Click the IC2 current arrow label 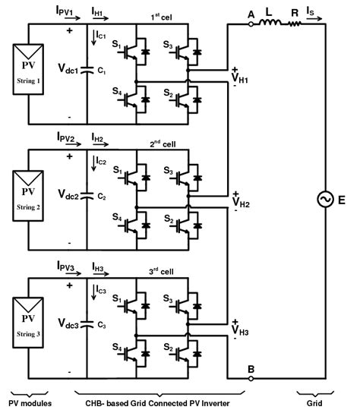103,161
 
